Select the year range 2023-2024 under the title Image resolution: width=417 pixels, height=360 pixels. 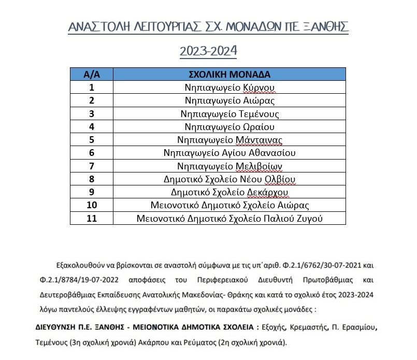pyautogui.click(x=208, y=51)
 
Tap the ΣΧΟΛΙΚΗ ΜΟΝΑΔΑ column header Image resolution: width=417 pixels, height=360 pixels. pyautogui.click(x=229, y=74)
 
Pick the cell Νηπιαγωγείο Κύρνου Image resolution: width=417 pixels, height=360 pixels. pyautogui.click(x=229, y=87)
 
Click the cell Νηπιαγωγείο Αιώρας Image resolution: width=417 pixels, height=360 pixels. pyautogui.click(x=229, y=100)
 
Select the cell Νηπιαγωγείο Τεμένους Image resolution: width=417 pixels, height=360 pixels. pyautogui.click(x=229, y=113)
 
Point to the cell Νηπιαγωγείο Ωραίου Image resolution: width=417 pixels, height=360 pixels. pyautogui.click(x=229, y=126)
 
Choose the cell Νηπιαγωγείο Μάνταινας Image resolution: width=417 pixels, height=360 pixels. pyautogui.click(x=229, y=140)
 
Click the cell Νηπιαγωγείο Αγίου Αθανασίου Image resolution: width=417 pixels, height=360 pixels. pyautogui.click(x=229, y=153)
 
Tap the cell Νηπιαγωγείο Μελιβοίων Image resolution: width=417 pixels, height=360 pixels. pyautogui.click(x=229, y=166)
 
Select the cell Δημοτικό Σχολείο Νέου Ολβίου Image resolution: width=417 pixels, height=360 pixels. pyautogui.click(x=229, y=179)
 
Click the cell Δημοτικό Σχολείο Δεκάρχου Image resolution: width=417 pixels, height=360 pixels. pyautogui.click(x=229, y=192)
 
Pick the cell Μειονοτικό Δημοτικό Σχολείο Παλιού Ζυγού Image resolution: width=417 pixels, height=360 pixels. pyautogui.click(x=229, y=219)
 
